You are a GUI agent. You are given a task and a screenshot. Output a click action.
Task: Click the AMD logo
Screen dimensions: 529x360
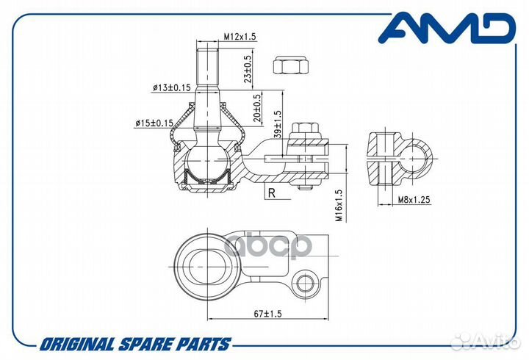pyautogui.click(x=447, y=28)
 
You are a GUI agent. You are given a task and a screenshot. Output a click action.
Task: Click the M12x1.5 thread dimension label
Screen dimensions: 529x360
pyautogui.click(x=240, y=36)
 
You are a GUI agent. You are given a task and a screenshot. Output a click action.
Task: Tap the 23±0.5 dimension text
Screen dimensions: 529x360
pyautogui.click(x=248, y=69)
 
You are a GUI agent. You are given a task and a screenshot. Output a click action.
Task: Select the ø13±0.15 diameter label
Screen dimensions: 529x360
pyautogui.click(x=171, y=87)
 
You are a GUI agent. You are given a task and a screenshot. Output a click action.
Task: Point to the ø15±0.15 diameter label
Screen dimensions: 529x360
pyautogui.click(x=154, y=123)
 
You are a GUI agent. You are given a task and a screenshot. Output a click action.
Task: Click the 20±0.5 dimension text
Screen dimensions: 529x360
pyautogui.click(x=257, y=107)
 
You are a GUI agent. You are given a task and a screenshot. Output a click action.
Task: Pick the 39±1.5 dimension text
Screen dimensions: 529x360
pyautogui.click(x=277, y=124)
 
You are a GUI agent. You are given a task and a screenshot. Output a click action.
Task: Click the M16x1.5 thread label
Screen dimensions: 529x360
pyautogui.click(x=339, y=206)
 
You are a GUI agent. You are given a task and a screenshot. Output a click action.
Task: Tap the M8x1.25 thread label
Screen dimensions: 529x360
pyautogui.click(x=414, y=200)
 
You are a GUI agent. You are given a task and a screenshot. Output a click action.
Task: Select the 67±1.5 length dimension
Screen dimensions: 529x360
pyautogui.click(x=267, y=314)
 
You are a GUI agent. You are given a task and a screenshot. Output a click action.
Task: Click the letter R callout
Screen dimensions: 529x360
pyautogui.click(x=272, y=193)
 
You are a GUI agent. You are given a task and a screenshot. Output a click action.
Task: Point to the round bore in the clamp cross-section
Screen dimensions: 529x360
pyautogui.click(x=414, y=159)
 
